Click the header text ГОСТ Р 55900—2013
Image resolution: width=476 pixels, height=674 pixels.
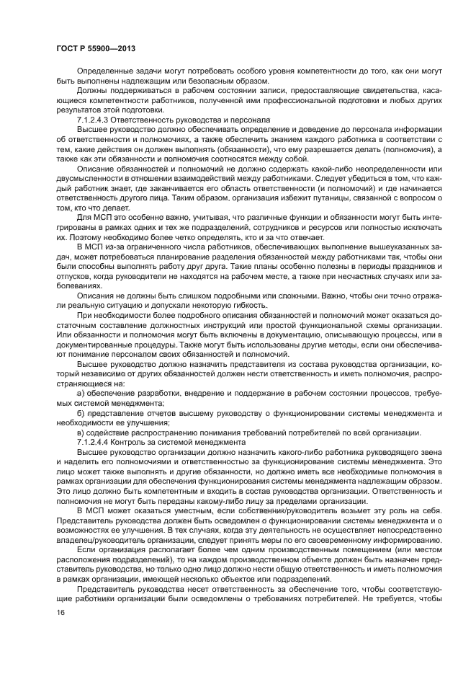click(95, 48)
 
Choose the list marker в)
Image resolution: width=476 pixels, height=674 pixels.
click(81, 431)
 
